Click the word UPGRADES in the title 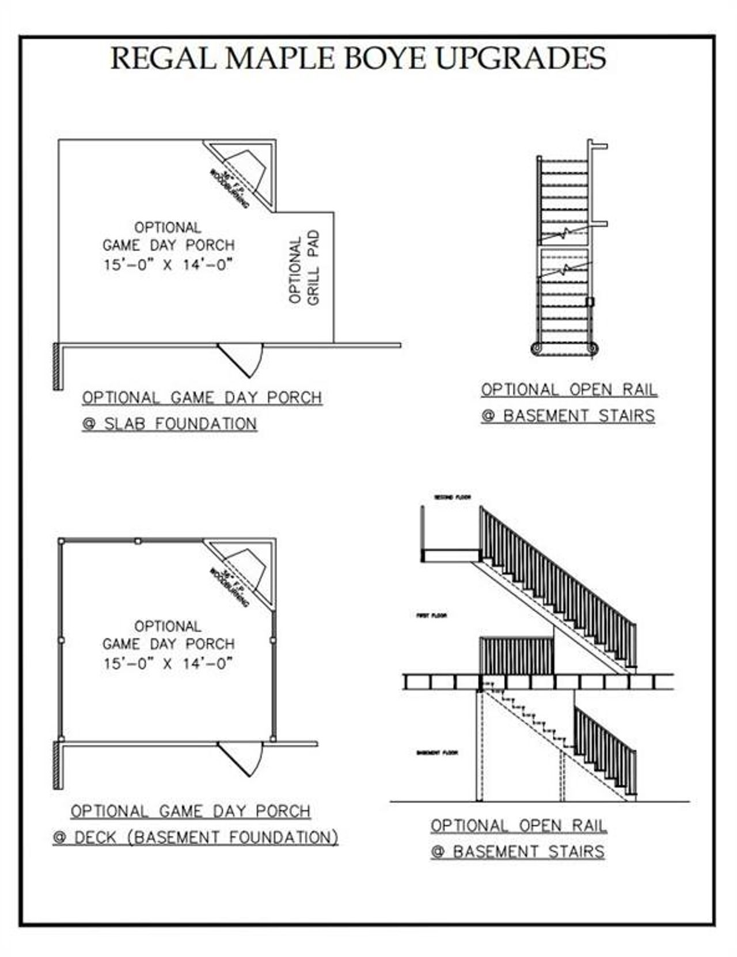click(520, 58)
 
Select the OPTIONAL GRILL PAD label click(304, 268)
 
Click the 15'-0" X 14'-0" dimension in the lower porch click(168, 663)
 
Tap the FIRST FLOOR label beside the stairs click(432, 616)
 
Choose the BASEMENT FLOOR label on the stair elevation click(437, 753)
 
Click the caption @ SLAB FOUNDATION click(169, 424)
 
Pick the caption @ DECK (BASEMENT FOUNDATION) click(195, 837)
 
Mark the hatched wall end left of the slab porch click(58, 366)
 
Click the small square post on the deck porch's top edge click(138, 541)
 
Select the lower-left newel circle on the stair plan click(537, 348)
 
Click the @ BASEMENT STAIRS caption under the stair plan click(568, 415)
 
